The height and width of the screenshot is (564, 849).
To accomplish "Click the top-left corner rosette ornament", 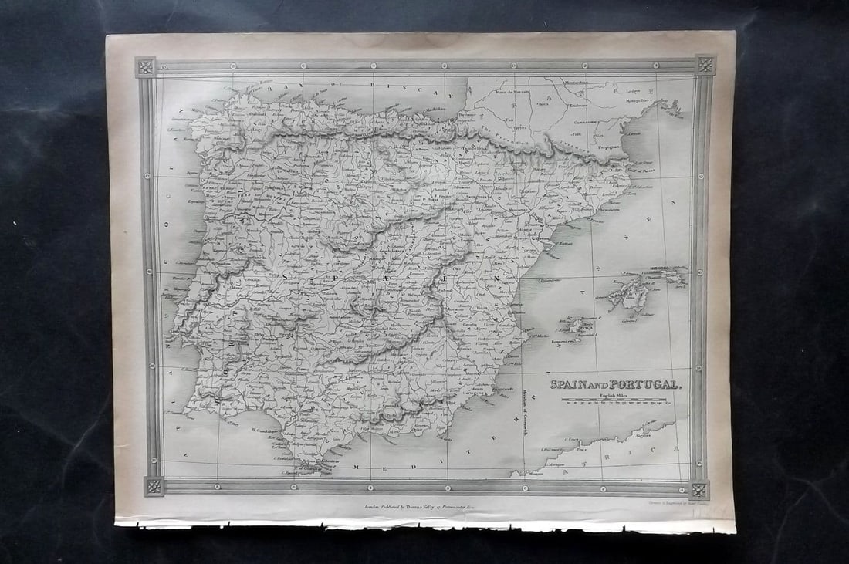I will [145, 66].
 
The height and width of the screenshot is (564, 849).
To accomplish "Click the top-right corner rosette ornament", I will [705, 65].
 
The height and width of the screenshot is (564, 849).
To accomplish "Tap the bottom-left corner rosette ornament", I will [154, 486].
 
